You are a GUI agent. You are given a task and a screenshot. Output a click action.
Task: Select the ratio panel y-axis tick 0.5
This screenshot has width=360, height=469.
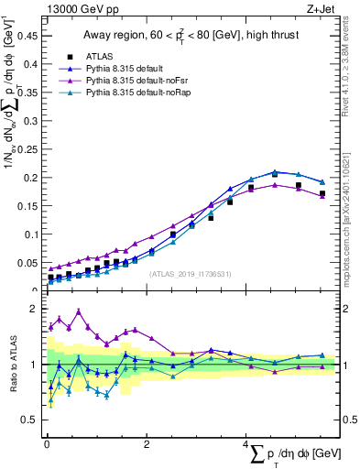click(32, 420)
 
